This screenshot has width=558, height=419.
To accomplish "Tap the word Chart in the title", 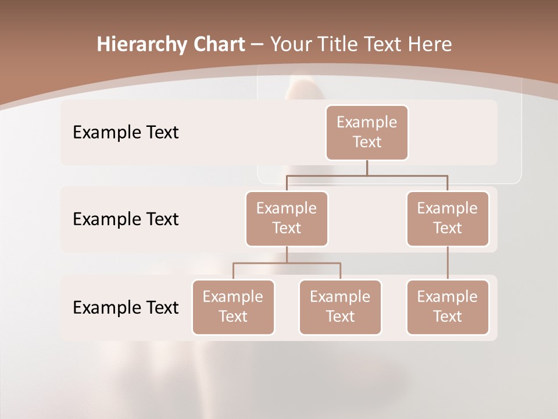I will (216, 45).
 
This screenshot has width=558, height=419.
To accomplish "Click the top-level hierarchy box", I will (367, 132).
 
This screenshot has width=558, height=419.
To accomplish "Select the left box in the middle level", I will (287, 218).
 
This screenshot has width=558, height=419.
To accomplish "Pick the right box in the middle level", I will (448, 218).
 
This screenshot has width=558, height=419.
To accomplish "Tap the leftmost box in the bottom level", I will (233, 307).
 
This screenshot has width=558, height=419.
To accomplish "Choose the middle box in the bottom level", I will (340, 307).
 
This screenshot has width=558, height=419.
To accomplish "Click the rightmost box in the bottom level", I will (448, 307).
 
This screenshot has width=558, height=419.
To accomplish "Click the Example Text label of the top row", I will (126, 133).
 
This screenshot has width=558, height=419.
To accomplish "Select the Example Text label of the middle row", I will (126, 219).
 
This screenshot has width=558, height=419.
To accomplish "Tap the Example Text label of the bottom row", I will (126, 307).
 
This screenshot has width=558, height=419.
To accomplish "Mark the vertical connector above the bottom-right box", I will (448, 263).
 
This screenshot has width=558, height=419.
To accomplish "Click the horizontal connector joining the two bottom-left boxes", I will (287, 263).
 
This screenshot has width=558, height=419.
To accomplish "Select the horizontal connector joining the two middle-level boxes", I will (367, 175).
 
